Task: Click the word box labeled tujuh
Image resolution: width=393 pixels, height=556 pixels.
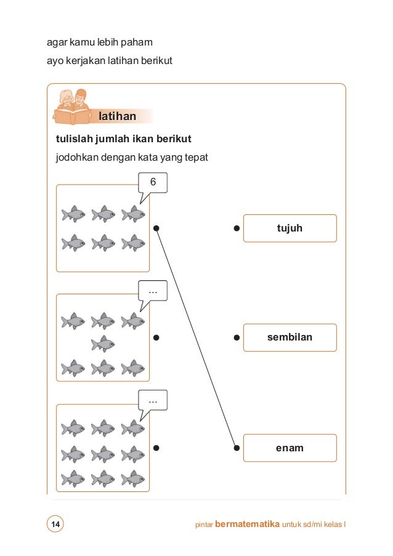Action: [290, 228]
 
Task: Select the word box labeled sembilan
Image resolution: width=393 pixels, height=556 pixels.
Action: [290, 337]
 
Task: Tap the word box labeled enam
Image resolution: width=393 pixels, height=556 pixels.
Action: [290, 448]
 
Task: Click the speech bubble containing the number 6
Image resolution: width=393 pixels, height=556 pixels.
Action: [153, 183]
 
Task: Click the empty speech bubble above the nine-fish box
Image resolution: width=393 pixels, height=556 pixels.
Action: [153, 401]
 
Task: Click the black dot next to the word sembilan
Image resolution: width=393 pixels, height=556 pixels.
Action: [237, 337]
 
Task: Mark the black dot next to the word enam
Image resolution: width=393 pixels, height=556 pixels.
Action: [237, 448]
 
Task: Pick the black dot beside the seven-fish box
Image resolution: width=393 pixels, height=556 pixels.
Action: [156, 337]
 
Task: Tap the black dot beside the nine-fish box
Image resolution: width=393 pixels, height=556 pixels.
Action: [156, 448]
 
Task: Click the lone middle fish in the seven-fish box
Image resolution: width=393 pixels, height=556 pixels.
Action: [103, 344]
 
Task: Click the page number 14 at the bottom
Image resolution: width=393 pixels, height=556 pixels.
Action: [55, 525]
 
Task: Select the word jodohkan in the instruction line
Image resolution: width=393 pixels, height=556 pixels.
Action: [75, 158]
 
